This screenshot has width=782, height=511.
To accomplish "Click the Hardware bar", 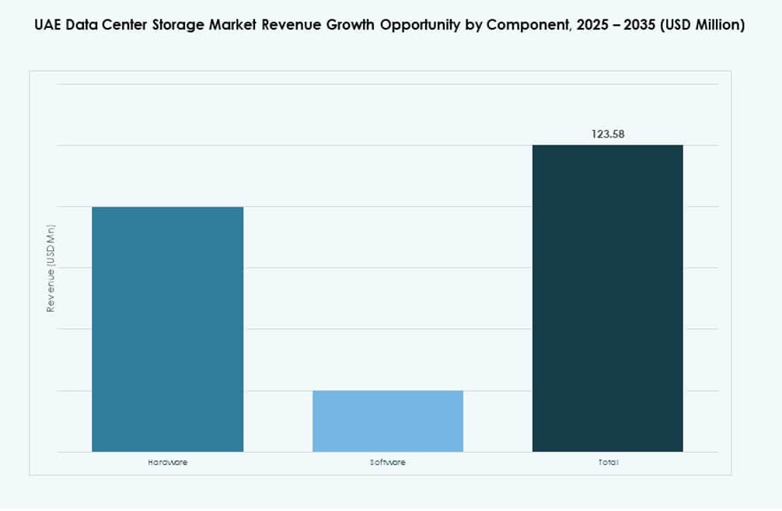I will [x=167, y=329].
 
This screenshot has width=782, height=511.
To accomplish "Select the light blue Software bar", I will [x=387, y=421].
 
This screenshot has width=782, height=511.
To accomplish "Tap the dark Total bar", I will [x=607, y=298].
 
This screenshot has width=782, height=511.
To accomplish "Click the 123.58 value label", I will [x=608, y=134].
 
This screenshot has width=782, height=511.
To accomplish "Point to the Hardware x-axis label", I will [x=167, y=462].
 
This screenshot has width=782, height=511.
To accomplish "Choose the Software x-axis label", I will [x=387, y=462].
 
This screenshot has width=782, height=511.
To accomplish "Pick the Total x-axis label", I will [x=608, y=462].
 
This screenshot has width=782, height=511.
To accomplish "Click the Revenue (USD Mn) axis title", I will [x=51, y=268].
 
